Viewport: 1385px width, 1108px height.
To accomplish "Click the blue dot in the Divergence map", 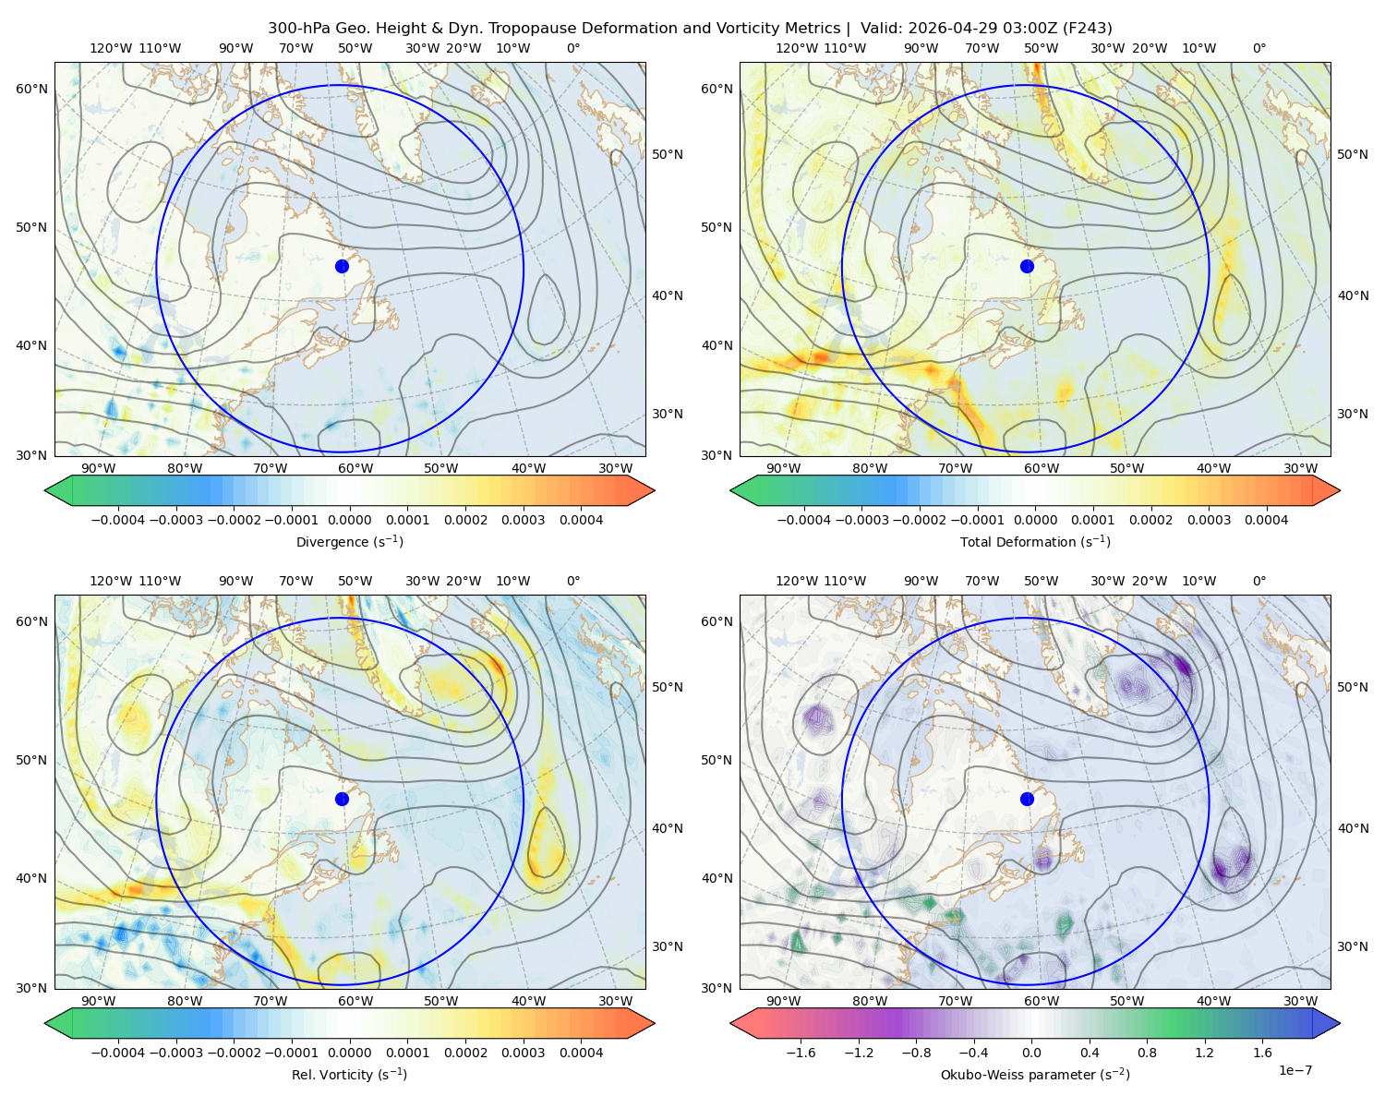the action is click(x=342, y=266).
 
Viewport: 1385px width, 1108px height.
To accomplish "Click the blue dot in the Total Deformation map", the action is click(x=1027, y=266).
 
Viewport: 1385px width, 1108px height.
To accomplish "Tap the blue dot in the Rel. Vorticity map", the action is click(x=342, y=799).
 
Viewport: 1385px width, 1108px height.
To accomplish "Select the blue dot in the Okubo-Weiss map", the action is click(x=1027, y=799).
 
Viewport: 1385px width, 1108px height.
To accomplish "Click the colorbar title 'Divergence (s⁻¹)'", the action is click(x=349, y=541).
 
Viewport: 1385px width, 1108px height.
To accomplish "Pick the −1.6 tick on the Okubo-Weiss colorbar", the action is click(x=801, y=1052).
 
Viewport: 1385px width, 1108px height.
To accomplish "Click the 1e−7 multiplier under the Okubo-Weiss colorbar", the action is click(x=1295, y=1070).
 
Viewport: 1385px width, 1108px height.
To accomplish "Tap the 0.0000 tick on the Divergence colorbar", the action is click(x=349, y=520).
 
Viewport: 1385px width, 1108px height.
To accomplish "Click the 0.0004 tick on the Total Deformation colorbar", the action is click(x=1266, y=520).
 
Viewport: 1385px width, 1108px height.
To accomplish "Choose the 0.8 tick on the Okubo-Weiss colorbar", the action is click(x=1147, y=1052).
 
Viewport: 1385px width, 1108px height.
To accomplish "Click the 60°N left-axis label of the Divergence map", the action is click(x=31, y=89).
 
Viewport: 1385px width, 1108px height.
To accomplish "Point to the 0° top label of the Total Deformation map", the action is click(x=1259, y=48).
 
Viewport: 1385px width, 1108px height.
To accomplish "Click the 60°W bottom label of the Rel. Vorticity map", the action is click(x=355, y=1001).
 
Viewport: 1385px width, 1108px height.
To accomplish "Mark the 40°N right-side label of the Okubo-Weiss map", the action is click(x=1353, y=828).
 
